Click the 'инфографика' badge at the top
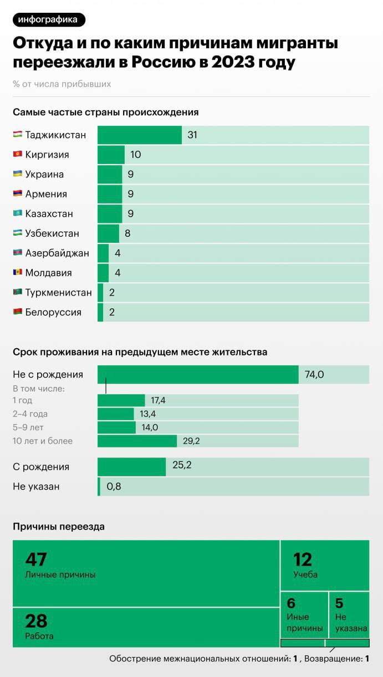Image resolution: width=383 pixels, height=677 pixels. coord(49,20)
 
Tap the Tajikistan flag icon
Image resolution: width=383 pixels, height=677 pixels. coord(18,135)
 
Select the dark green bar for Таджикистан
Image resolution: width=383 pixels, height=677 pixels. coord(140,135)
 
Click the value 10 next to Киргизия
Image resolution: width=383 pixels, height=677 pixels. coord(136,155)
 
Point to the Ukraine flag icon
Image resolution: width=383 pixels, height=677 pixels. coord(18,174)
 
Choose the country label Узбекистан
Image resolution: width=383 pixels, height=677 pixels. coord(52,233)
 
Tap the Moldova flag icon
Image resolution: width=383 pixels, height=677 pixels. coord(18,273)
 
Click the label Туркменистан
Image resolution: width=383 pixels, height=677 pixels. coord(58,292)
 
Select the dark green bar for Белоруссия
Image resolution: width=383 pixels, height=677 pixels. coord(100,312)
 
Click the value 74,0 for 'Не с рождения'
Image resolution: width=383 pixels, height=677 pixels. coord(314,375)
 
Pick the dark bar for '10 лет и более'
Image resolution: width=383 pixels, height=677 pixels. coord(137,441)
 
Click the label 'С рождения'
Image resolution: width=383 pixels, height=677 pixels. coord(41,467)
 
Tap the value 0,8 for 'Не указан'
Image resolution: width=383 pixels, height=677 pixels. coord(114,486)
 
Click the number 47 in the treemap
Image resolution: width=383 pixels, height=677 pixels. coord(36,559)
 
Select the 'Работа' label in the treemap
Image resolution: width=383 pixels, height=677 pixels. coord(39,636)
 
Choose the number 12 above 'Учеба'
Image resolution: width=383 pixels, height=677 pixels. coord(303,559)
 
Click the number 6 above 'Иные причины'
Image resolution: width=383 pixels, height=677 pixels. coord(291,603)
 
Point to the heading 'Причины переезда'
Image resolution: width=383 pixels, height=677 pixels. coord(59,527)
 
